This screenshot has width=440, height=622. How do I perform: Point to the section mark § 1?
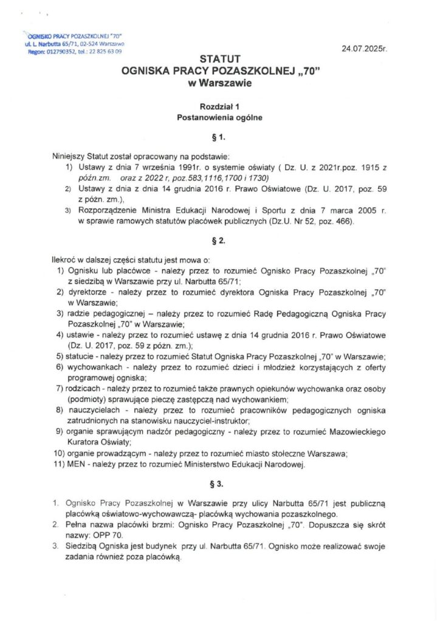pyautogui.click(x=220, y=137)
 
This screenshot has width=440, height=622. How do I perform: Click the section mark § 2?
pyautogui.click(x=220, y=241)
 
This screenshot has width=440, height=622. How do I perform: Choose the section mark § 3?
pyautogui.click(x=220, y=485)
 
